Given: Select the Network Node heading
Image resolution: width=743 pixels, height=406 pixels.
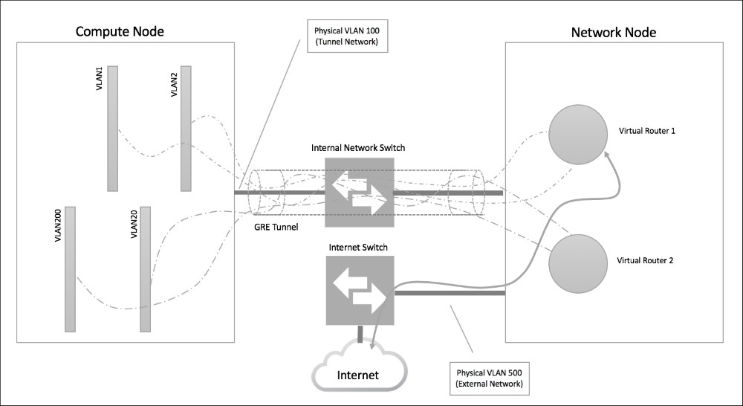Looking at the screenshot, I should pyautogui.click(x=613, y=33).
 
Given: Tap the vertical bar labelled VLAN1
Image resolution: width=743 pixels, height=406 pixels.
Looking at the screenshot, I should pyautogui.click(x=113, y=128).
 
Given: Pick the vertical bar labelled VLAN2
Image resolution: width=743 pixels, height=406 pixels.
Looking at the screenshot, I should pyautogui.click(x=185, y=128).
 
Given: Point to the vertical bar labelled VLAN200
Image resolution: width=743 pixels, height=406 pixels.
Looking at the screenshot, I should pyautogui.click(x=71, y=268).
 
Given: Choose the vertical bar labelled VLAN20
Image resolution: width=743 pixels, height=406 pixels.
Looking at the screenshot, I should pyautogui.click(x=146, y=268).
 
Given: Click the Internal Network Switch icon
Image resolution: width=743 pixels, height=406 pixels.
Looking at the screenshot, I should pyautogui.click(x=359, y=192).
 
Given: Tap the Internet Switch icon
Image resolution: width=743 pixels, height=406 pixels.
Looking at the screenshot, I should pyautogui.click(x=359, y=290).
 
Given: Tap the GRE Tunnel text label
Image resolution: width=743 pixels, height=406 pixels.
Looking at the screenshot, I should pyautogui.click(x=275, y=228).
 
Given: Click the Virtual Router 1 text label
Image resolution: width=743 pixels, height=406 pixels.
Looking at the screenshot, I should pyautogui.click(x=646, y=130).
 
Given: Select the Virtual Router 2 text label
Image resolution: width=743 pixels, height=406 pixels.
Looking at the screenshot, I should pyautogui.click(x=646, y=262).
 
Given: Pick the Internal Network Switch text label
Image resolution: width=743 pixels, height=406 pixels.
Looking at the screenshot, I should pyautogui.click(x=358, y=148).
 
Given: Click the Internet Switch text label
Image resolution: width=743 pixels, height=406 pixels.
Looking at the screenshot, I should pyautogui.click(x=358, y=245).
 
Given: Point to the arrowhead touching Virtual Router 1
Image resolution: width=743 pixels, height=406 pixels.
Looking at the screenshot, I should pyautogui.click(x=609, y=154).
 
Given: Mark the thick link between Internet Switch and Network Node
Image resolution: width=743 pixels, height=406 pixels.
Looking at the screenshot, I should pyautogui.click(x=449, y=293).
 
